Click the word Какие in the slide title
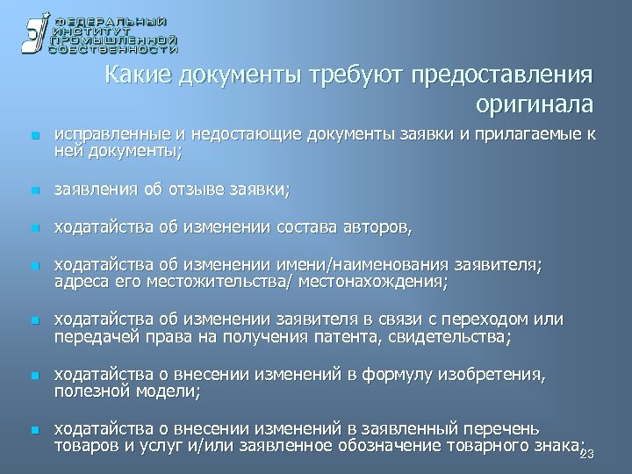139,76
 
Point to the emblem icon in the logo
33,35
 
